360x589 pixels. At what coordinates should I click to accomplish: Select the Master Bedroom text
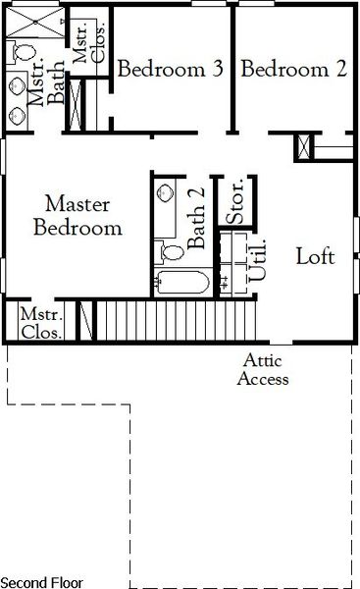pyautogui.click(x=78, y=217)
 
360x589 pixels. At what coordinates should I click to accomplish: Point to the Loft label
pyautogui.click(x=316, y=257)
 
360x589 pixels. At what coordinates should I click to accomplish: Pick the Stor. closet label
pyautogui.click(x=235, y=202)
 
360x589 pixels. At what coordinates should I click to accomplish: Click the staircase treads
pyautogui.click(x=177, y=319)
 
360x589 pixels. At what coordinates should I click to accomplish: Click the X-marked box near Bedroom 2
pyautogui.click(x=305, y=148)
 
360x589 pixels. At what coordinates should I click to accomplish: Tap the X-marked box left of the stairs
pyautogui.click(x=85, y=322)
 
